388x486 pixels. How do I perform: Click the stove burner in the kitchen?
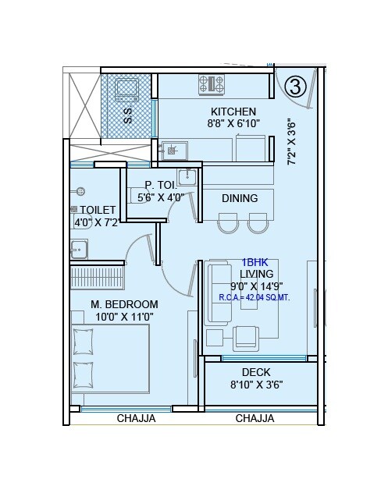[x=211, y=82]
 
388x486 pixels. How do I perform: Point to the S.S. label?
[x=127, y=116]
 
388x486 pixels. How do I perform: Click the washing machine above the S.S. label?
[x=125, y=90]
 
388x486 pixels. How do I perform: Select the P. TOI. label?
[x=161, y=185]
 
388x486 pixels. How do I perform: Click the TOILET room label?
[x=97, y=210]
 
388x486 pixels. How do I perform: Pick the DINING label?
[x=239, y=198]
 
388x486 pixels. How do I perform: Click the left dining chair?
[x=227, y=224]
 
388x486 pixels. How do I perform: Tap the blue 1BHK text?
[x=256, y=263]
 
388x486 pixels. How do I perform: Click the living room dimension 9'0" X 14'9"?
[x=256, y=286]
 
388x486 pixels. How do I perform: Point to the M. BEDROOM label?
[x=124, y=304]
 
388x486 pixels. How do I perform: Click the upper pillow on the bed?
[x=83, y=341]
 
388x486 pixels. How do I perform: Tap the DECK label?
[x=256, y=372]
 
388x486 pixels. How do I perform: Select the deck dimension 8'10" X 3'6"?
[x=256, y=385]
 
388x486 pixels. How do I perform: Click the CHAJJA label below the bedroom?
[x=136, y=418]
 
